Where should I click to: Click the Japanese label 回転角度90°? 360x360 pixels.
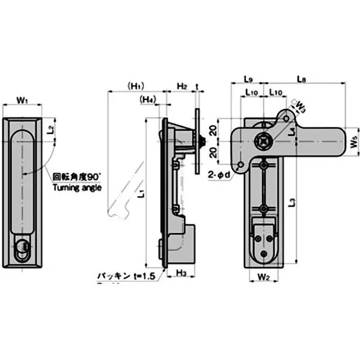(76, 177)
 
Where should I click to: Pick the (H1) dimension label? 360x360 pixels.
(135, 85)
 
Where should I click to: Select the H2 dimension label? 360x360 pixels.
(181, 85)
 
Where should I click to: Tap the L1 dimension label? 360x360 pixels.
(140, 193)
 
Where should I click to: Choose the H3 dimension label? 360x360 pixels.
(181, 273)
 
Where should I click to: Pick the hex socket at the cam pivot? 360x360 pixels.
(263, 142)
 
